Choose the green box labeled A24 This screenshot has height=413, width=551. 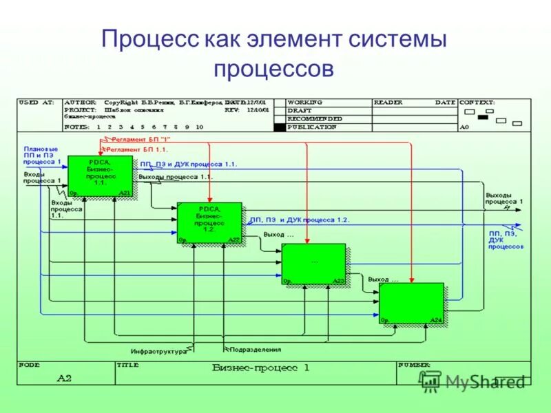point(411,304)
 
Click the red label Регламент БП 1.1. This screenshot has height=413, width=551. point(137,149)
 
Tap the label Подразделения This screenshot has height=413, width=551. point(255,350)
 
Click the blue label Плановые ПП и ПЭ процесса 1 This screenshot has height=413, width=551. point(41,155)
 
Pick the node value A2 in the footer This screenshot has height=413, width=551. point(64,378)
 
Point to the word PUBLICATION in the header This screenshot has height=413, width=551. point(312,127)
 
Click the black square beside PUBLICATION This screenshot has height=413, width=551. point(278,127)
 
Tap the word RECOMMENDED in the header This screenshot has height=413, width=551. point(315,118)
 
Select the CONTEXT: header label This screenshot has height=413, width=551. point(476,102)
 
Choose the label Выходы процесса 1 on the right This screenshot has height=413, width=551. point(504,199)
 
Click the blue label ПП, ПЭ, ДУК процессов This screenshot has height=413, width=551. point(506,240)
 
